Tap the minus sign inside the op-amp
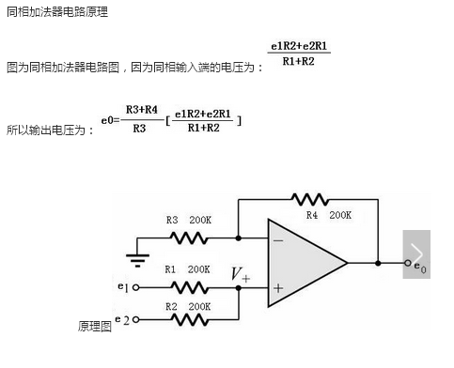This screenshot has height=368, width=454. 278,239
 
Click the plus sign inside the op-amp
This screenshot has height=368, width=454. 278,288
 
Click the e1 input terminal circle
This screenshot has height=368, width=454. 136,287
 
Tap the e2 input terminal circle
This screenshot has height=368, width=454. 136,321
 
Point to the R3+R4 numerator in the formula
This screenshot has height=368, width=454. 141,109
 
